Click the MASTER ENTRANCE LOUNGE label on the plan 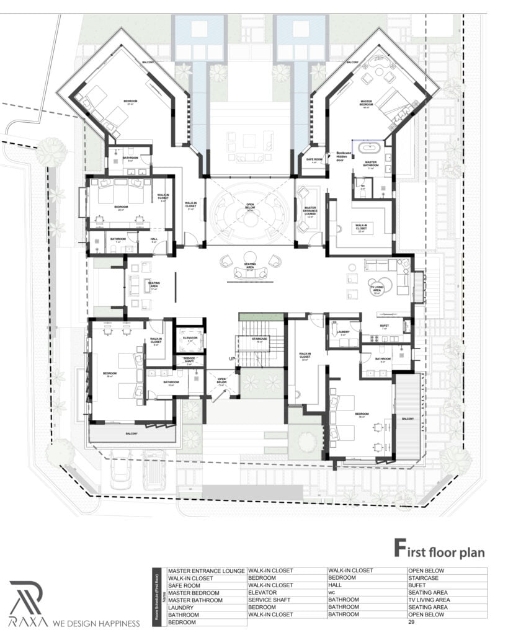(x=308, y=212)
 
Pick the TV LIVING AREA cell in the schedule (x=429, y=600)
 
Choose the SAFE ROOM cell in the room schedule (x=185, y=585)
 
